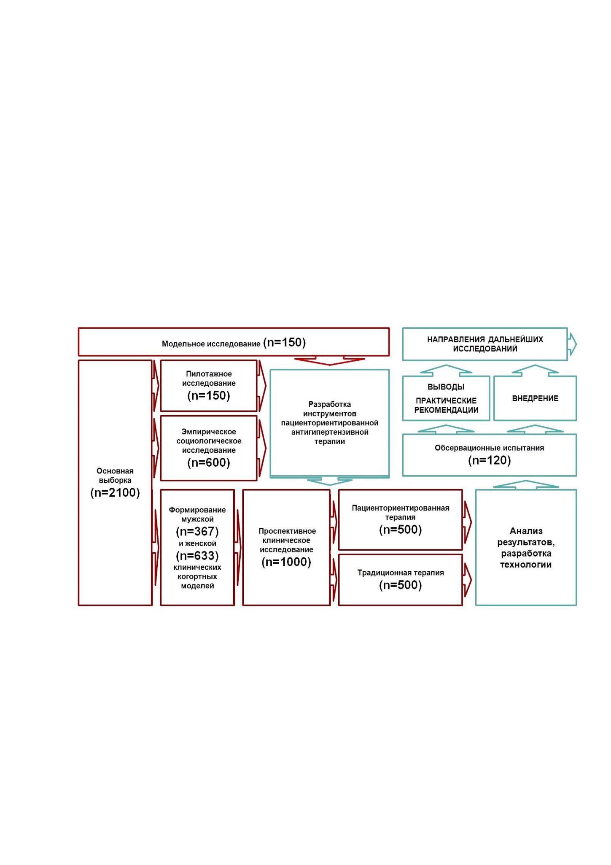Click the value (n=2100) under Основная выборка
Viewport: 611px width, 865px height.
115,492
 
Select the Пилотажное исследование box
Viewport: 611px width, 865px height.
209,386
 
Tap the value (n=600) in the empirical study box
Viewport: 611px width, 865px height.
209,463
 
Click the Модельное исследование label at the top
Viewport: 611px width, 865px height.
211,344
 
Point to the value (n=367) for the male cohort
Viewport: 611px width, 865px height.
197,531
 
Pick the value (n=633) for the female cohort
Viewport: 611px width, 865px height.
197,556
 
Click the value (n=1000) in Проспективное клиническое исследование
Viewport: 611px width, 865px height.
286,562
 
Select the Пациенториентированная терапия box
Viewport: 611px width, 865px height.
401,519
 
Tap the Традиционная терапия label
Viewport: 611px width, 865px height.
401,573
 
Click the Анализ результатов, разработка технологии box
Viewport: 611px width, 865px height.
526,548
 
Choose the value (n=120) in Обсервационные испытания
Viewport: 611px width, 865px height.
490,460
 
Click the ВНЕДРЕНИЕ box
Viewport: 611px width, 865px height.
535,398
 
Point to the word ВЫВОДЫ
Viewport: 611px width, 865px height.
446,387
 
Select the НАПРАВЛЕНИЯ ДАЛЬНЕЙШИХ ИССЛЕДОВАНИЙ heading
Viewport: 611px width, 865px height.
485,344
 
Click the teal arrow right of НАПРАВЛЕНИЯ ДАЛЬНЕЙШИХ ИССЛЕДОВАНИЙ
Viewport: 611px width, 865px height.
573,344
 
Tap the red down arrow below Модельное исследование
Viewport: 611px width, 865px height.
329,361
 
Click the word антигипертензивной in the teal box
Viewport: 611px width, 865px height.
330,432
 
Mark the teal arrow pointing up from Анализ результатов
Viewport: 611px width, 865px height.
526,484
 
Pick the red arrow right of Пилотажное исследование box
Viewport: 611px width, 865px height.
262,386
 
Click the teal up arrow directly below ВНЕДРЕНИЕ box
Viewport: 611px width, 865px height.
535,429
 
